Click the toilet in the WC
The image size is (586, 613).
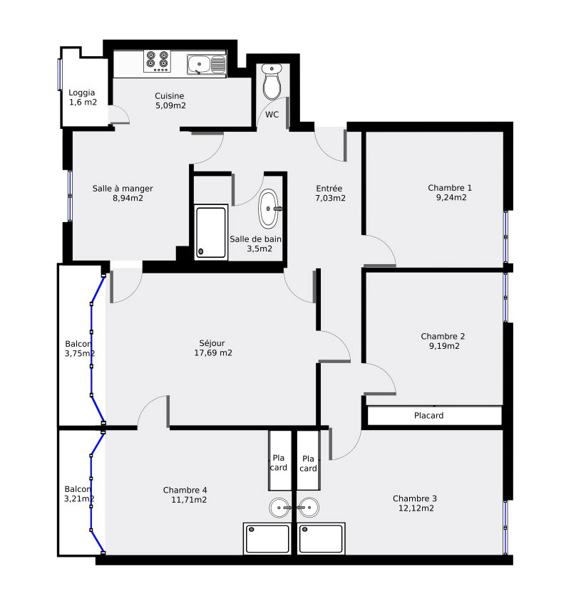tap(272, 82)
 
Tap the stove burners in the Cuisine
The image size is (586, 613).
tap(158, 61)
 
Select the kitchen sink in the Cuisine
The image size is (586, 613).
tap(206, 65)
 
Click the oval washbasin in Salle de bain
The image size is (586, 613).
tap(269, 209)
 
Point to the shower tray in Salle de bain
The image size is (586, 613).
tap(211, 232)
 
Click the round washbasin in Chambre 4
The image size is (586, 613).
tap(280, 508)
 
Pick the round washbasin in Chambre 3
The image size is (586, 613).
tap(308, 508)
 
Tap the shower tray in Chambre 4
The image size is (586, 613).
tap(267, 539)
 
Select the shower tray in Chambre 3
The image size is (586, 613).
tap(321, 539)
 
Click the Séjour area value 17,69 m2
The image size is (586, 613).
tap(213, 352)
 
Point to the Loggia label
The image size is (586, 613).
tap(81, 93)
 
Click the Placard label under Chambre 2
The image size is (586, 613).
tap(428, 415)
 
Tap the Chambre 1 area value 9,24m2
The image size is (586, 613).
tap(451, 197)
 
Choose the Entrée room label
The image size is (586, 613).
tap(329, 188)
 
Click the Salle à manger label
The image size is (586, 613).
tap(123, 189)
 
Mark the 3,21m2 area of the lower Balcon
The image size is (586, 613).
tap(79, 498)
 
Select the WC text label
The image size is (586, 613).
tap(272, 115)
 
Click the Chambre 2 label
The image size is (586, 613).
tap(443, 336)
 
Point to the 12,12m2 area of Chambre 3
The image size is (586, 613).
tap(416, 508)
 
